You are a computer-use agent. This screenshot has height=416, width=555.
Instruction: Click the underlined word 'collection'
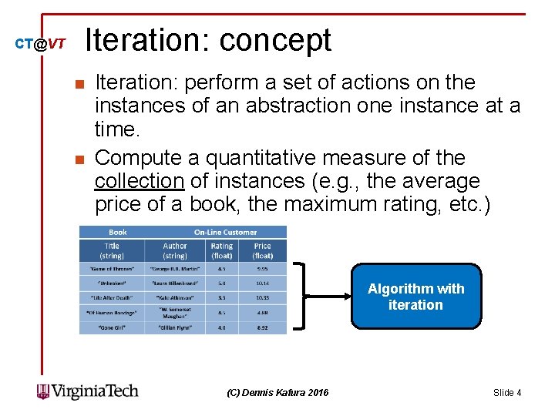tap(139, 182)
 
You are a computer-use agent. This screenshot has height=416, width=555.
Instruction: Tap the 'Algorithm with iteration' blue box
tap(415, 297)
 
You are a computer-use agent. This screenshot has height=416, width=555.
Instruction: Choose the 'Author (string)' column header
tap(175, 250)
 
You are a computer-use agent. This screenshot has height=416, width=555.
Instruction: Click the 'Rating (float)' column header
tap(222, 250)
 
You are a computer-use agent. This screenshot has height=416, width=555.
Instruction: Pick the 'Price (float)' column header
tap(263, 250)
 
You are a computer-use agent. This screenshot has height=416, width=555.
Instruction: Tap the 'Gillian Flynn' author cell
tap(175, 327)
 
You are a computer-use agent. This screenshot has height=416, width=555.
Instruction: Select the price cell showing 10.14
tap(263, 283)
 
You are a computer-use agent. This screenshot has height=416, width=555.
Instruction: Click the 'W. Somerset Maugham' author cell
tap(175, 312)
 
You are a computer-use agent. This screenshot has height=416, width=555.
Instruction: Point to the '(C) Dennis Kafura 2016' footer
tap(277, 393)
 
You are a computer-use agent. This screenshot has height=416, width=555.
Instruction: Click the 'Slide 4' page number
tap(507, 393)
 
